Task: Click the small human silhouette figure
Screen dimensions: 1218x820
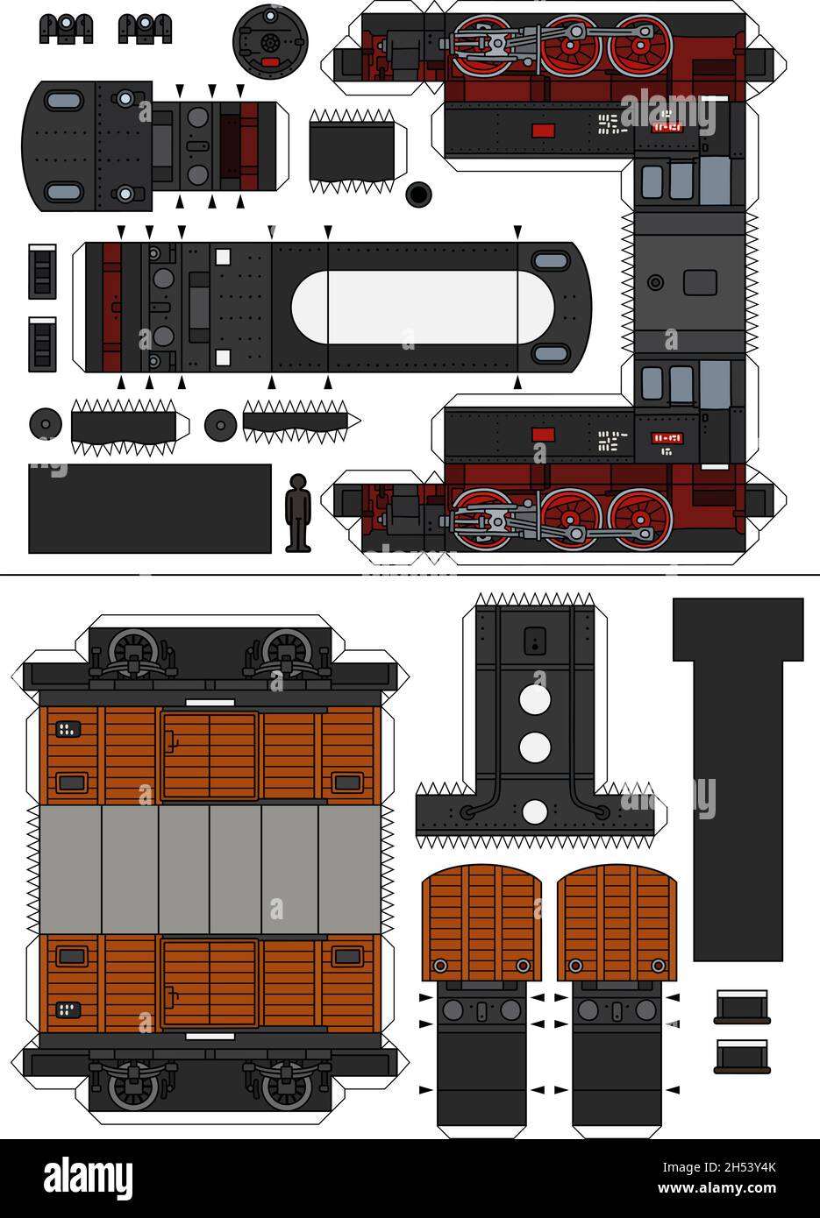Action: point(298,513)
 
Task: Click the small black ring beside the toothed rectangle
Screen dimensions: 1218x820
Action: point(419,194)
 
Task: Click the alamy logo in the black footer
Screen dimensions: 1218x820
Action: point(88,1179)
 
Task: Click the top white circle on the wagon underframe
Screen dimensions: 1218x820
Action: point(534,701)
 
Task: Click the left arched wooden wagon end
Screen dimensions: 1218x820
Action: point(481,923)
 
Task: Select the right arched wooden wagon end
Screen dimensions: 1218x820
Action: point(617,923)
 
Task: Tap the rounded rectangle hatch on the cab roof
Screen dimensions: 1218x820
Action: point(700,282)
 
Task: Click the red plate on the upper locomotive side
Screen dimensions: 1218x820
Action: point(544,131)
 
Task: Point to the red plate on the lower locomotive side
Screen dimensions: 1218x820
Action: point(544,434)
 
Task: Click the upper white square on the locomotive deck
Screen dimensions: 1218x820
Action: point(223,257)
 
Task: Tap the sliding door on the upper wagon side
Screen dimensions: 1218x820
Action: point(210,755)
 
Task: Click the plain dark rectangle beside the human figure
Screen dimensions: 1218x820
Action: point(150,509)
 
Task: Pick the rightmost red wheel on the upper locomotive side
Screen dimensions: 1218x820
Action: point(641,44)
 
